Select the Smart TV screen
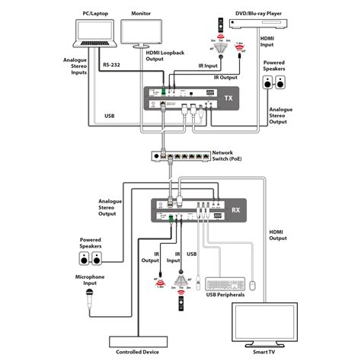click(x=271, y=322)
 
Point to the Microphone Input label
click(x=89, y=281)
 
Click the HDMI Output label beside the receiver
click(x=278, y=232)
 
